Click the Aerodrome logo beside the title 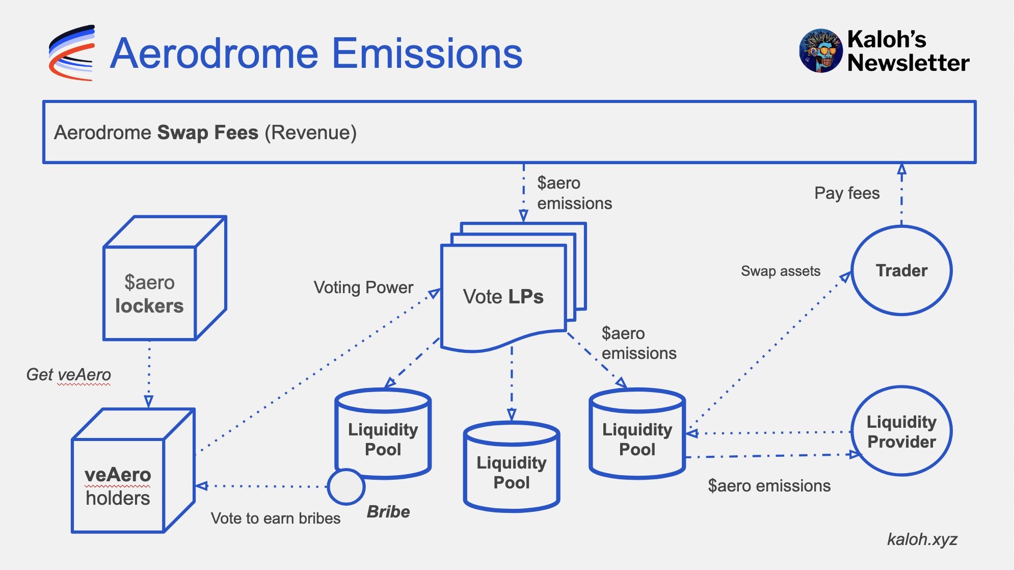click(x=71, y=53)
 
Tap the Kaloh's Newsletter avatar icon click(x=820, y=50)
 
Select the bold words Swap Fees click(x=208, y=133)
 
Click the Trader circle click(x=901, y=270)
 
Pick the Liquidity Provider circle click(x=901, y=431)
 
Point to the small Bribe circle click(x=346, y=487)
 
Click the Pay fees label click(x=847, y=193)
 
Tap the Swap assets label click(x=781, y=271)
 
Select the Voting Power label click(x=363, y=288)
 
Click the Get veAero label click(x=68, y=374)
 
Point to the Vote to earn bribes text click(x=276, y=518)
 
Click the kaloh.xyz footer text click(x=922, y=539)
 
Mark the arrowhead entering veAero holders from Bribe click(x=202, y=486)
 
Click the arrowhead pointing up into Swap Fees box click(x=901, y=169)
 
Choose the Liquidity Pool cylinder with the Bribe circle click(x=383, y=433)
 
